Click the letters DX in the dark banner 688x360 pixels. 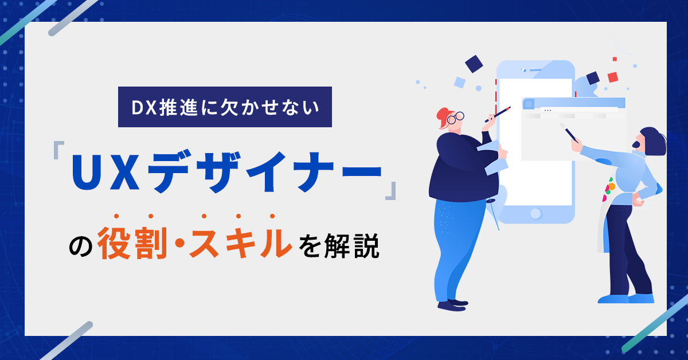coord(144,108)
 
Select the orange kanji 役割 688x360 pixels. coord(132,242)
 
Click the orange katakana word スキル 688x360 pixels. coord(240,242)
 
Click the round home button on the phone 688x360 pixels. coord(535,213)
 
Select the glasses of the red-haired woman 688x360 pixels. coord(455,118)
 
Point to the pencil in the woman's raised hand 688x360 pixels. coord(498,115)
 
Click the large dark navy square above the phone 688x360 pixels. coord(474,64)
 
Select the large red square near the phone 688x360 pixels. coord(613,77)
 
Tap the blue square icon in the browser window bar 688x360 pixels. coord(529,104)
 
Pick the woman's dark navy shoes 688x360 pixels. coord(452,305)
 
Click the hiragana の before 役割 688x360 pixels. coord(80,246)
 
